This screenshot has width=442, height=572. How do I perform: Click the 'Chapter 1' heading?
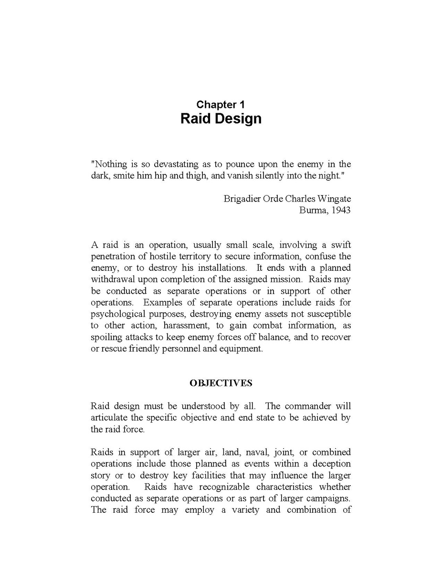[x=221, y=105]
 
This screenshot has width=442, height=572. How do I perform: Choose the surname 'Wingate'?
[x=334, y=199]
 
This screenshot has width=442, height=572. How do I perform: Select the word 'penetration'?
[x=113, y=256]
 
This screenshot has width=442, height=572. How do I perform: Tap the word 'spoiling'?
[x=105, y=337]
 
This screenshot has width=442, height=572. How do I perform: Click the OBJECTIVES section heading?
[x=221, y=383]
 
